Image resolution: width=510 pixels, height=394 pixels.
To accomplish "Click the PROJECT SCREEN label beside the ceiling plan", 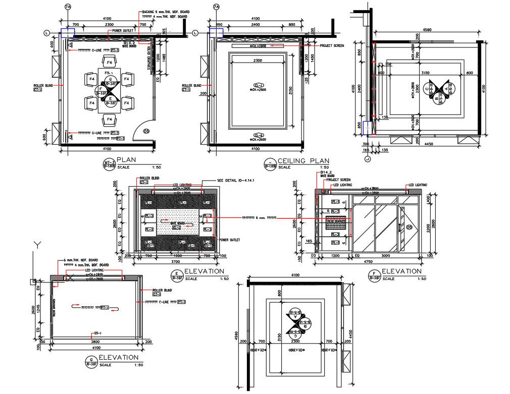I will click(x=332, y=45).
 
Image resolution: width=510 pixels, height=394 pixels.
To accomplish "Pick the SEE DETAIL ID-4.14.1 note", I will click(x=235, y=180).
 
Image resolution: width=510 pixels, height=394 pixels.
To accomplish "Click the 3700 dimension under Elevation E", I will click(x=175, y=262).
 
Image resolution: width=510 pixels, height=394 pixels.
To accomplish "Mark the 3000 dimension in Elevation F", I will click(x=385, y=256).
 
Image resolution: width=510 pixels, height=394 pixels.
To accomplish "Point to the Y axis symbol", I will click(x=36, y=245).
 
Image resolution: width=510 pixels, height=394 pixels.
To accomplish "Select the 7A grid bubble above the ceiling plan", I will click(x=217, y=7).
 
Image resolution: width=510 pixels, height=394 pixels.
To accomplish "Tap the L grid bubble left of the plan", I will click(x=47, y=33).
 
